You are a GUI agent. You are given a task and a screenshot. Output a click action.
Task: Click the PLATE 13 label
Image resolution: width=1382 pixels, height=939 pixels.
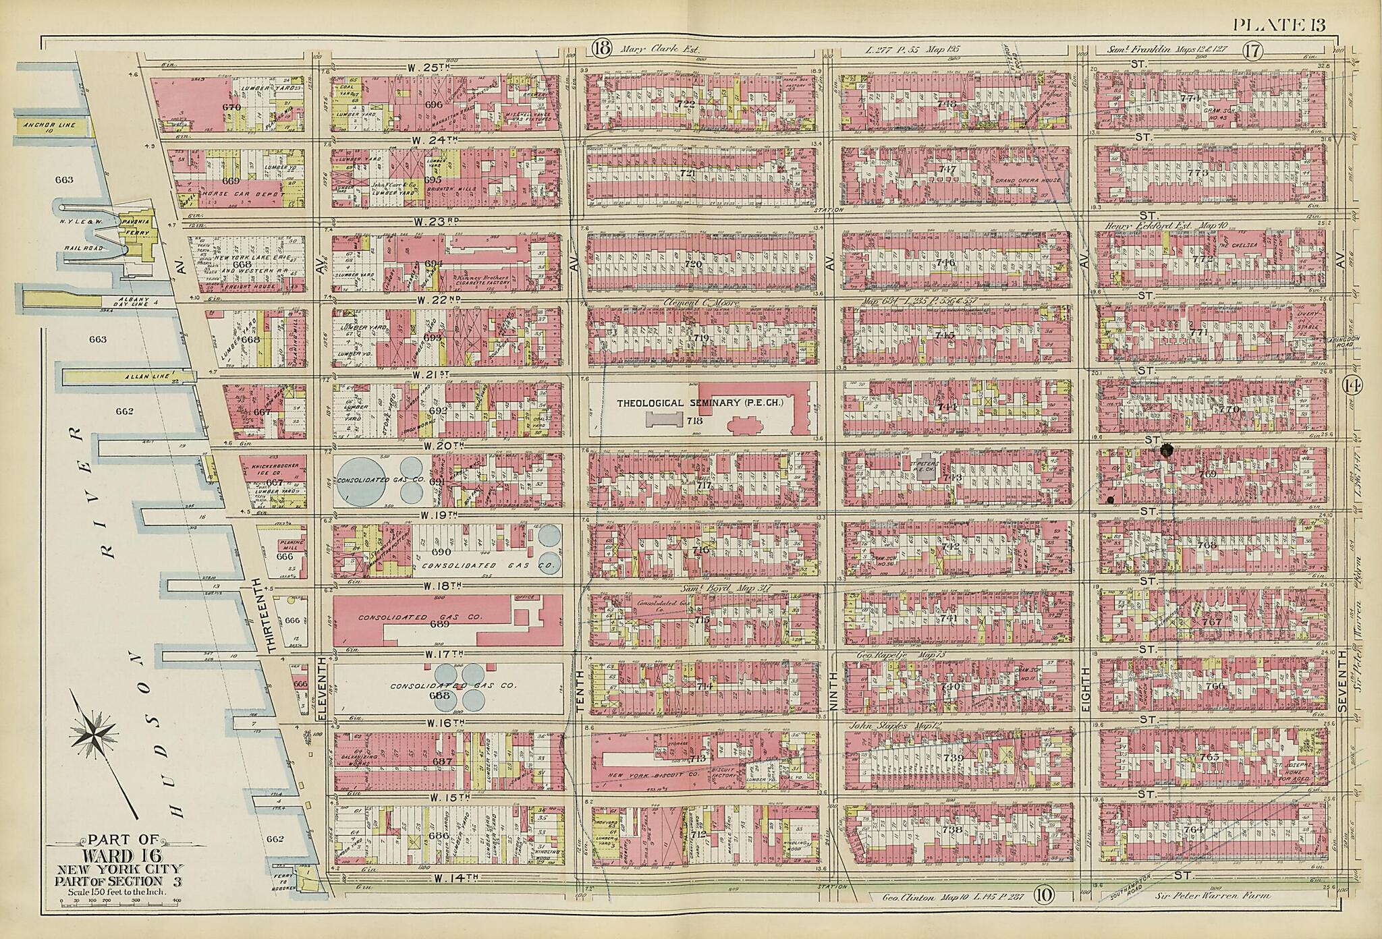(x=1279, y=26)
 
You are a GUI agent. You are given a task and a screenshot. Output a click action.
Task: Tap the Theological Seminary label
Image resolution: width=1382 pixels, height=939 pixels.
(x=699, y=403)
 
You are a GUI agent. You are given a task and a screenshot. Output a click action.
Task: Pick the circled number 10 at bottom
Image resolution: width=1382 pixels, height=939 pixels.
(x=1042, y=897)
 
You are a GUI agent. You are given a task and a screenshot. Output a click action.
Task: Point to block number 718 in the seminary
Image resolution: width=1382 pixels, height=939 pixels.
(x=696, y=421)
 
